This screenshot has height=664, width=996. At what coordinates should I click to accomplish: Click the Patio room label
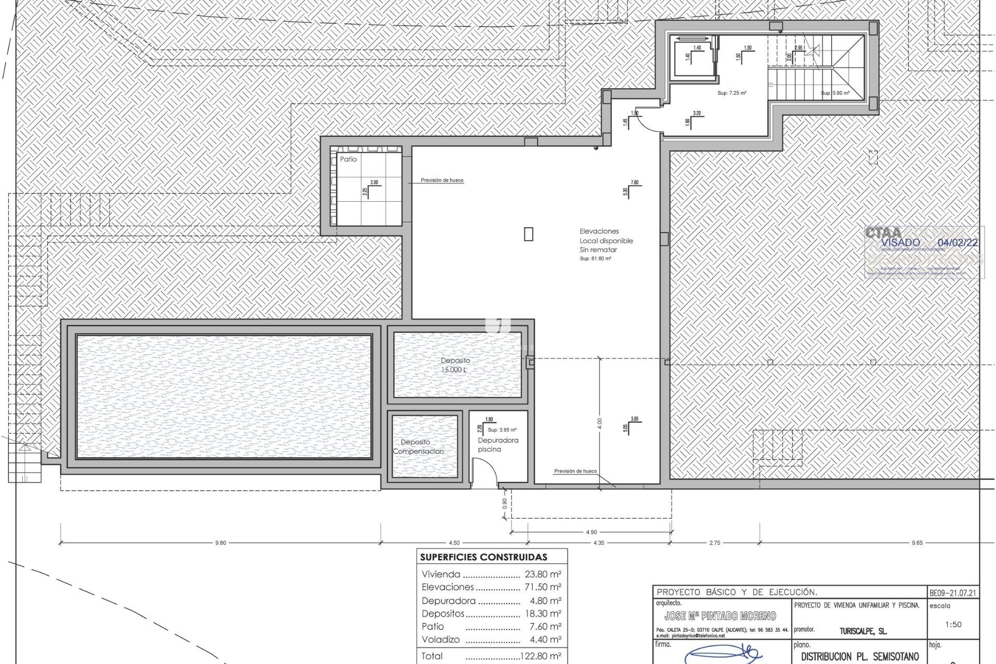(x=348, y=159)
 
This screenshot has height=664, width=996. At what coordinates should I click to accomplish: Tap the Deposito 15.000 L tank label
(x=455, y=365)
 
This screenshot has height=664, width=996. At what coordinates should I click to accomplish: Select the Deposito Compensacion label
(x=418, y=447)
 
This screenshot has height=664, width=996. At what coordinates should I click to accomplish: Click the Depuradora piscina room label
(x=497, y=445)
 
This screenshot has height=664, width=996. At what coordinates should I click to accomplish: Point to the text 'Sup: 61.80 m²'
(x=595, y=258)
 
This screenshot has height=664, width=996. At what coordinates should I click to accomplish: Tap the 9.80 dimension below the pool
(x=220, y=543)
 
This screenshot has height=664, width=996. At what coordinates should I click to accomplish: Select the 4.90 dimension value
(x=591, y=532)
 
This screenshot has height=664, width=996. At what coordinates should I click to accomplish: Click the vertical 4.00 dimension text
(x=600, y=423)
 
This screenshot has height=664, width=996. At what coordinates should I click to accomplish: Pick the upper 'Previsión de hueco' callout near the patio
(x=442, y=180)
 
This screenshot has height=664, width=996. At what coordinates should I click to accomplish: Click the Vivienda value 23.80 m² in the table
(x=543, y=574)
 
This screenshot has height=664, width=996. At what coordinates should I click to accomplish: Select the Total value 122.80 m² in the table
(x=541, y=656)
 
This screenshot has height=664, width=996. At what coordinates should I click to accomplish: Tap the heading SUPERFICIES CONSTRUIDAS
(x=483, y=557)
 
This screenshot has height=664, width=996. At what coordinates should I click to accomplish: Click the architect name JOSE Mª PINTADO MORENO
(x=720, y=616)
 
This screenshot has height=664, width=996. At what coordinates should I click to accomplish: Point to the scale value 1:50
(x=953, y=624)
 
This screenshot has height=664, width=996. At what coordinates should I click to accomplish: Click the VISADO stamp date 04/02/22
(x=958, y=242)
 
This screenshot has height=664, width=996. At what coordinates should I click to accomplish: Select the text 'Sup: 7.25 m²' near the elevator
(x=731, y=93)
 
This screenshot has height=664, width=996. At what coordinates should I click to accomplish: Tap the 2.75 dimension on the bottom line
(x=714, y=543)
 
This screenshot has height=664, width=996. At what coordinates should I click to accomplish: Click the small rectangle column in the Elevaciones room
(x=528, y=234)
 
